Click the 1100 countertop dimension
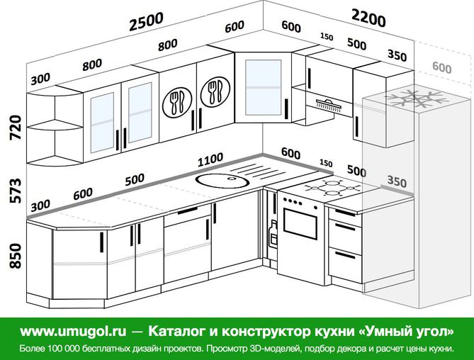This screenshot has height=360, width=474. coord(210,158)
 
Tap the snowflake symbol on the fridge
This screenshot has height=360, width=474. coord(411,98)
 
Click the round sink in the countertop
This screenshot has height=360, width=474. coord(222,179)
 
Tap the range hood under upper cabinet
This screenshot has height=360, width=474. coord(328,104)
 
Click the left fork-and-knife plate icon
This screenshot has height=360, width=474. coord(176,102)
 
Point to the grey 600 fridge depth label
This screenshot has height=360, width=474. coord(441,67)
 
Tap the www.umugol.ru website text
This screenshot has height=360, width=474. coord(73,331)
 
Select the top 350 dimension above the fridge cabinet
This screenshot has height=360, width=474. coord(397,55)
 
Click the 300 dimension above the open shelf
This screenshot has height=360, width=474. coord(40,77)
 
